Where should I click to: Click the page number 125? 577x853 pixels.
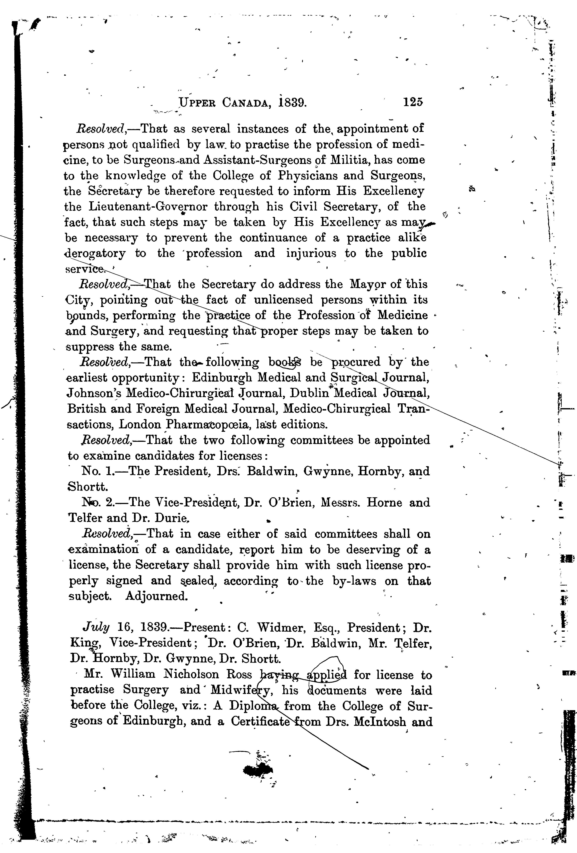click(x=413, y=102)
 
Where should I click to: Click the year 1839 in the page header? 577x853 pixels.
click(x=292, y=102)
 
